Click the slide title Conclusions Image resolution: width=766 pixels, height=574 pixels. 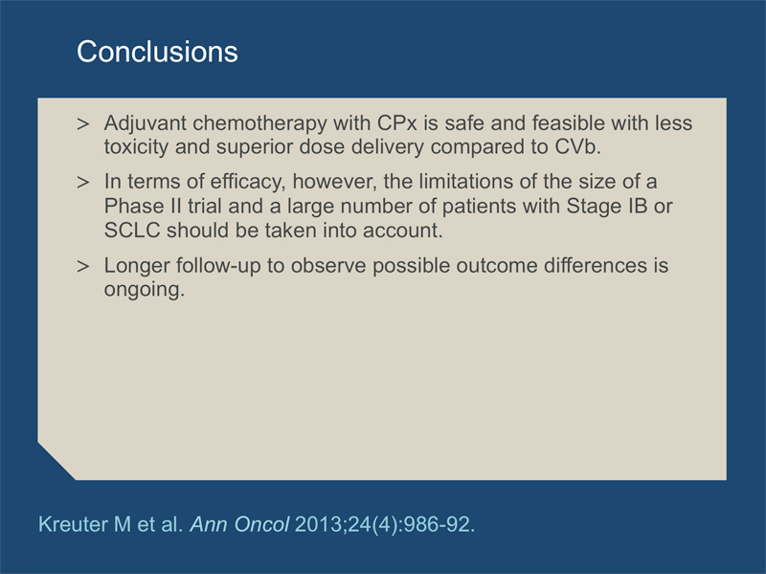tap(157, 52)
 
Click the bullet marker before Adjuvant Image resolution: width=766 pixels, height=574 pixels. tap(83, 124)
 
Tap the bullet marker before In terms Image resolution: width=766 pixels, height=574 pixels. tap(83, 183)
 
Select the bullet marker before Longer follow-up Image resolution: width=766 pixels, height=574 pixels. tap(83, 267)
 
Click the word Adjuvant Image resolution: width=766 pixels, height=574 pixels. tap(146, 123)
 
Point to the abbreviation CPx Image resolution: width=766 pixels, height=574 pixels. tap(397, 123)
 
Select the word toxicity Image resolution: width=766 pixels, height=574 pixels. tap(136, 147)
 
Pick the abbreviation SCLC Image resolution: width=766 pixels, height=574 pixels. tap(132, 231)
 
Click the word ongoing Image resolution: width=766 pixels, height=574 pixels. tap(145, 290)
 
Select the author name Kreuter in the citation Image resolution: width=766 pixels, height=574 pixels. tap(73, 524)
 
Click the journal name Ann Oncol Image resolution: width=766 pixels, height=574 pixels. tap(239, 524)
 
